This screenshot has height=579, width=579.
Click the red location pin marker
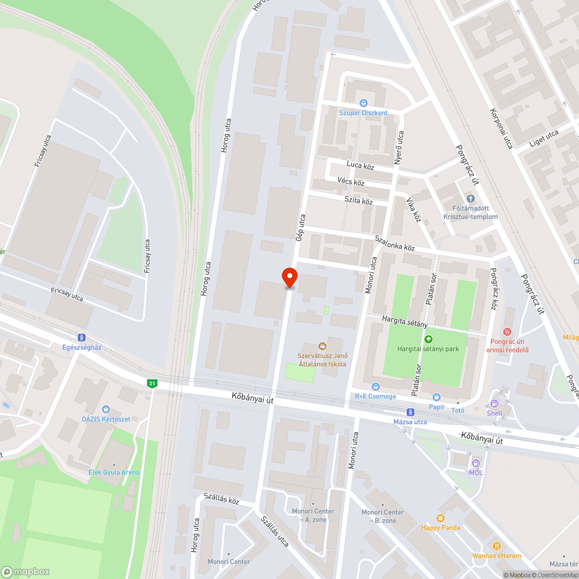[289, 277]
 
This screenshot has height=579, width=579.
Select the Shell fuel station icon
[494, 404]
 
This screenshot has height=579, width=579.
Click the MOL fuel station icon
[475, 463]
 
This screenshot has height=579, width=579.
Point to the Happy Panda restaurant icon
[441, 518]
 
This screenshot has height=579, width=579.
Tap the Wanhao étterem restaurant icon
[496, 546]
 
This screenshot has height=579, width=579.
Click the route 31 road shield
[152, 383]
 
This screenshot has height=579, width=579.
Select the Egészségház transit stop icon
[82, 337]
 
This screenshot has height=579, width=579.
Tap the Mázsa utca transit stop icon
[411, 412]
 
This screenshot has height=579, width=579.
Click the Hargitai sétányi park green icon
[428, 339]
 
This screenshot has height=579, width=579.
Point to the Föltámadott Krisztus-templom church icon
[470, 199]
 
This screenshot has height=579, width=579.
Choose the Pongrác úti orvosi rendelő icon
[508, 331]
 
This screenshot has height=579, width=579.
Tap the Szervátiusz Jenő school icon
[322, 346]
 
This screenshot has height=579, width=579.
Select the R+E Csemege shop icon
[375, 386]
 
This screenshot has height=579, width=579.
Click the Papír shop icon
[437, 397]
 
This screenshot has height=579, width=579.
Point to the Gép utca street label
[300, 228]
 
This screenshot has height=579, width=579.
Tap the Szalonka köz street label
[395, 243]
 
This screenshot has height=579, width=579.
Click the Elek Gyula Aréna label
[114, 472]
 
